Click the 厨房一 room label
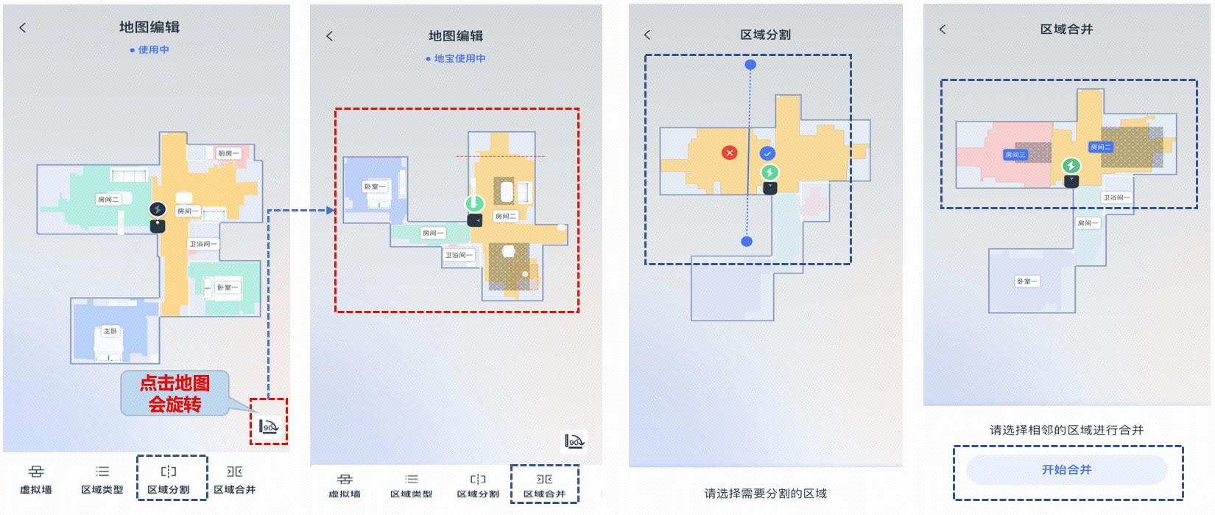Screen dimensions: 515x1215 pos(228,153)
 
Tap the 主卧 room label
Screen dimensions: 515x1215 pos(110,332)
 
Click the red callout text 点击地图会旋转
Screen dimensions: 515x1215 pos(175,393)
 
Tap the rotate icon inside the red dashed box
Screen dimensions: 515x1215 pos(268,425)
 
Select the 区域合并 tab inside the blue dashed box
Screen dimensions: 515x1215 pos(544,486)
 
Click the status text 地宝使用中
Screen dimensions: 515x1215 pos(456,59)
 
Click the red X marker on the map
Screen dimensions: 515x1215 pos(729,153)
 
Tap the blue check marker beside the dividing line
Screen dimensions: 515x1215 pos(767,153)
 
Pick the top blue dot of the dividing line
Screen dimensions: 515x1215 pos(750,65)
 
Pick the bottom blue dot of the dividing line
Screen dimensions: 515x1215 pos(747,242)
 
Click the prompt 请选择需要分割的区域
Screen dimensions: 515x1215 pos(765,494)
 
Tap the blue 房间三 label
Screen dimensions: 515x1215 pos(1015,155)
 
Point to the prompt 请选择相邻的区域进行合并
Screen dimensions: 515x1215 pos(1066,430)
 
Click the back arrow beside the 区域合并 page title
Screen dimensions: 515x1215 pos(943,29)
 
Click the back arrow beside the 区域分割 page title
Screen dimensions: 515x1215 pos(647,35)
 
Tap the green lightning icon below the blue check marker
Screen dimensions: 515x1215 pos(769,172)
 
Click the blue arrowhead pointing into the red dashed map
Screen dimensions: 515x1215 pos(331,211)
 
